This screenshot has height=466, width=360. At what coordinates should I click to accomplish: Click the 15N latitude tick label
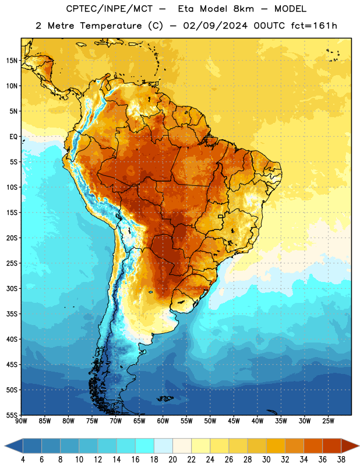[12, 61]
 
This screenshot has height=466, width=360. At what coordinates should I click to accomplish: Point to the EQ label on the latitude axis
[13, 137]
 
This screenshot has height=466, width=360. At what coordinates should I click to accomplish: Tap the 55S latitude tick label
[12, 415]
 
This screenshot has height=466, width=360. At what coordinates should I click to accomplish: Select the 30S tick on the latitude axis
[12, 288]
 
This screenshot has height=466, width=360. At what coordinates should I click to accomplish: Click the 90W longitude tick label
[22, 421]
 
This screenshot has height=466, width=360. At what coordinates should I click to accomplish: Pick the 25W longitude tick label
[328, 421]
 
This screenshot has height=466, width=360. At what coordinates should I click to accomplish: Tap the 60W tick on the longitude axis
[163, 421]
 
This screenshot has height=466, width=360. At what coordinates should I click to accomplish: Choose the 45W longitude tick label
[234, 421]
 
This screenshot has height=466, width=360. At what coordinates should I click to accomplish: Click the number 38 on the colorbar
[341, 460]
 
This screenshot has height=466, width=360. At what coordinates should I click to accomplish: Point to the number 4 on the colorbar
[23, 460]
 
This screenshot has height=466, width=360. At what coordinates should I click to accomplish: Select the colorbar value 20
[172, 460]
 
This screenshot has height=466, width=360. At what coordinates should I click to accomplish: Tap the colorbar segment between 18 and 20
[164, 446]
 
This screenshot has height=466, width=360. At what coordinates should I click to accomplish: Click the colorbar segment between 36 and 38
[332, 446]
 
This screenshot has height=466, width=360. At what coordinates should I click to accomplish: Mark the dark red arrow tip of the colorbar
[358, 446]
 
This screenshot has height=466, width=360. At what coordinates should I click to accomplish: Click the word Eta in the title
[186, 9]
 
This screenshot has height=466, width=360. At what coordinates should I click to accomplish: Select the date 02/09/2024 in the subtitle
[215, 26]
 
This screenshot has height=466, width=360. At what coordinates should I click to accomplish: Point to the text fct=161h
[314, 26]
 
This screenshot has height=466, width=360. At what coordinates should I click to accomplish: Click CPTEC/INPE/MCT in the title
[110, 9]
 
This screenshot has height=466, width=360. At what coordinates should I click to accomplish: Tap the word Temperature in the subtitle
[111, 26]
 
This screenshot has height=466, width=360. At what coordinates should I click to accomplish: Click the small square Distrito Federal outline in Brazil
[221, 216]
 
